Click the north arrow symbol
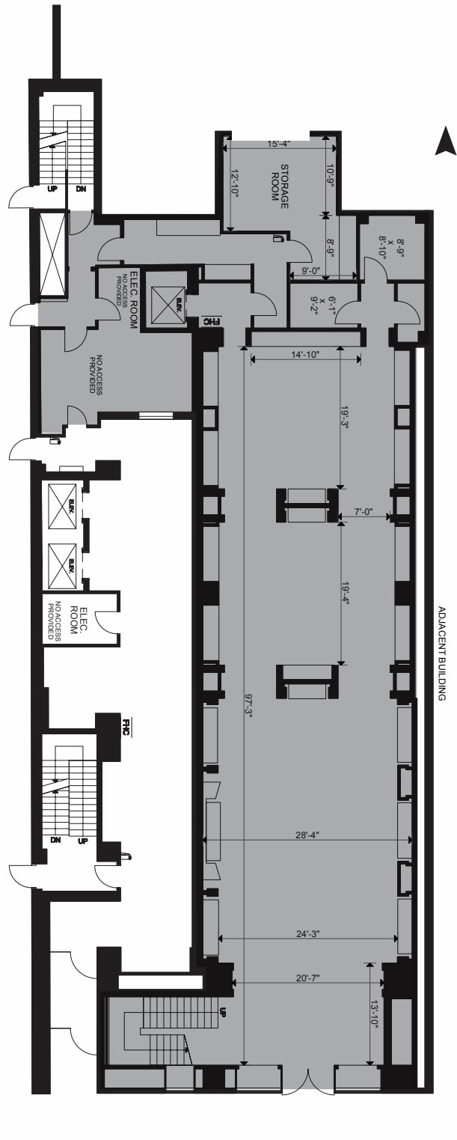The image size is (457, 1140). click(x=446, y=141)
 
